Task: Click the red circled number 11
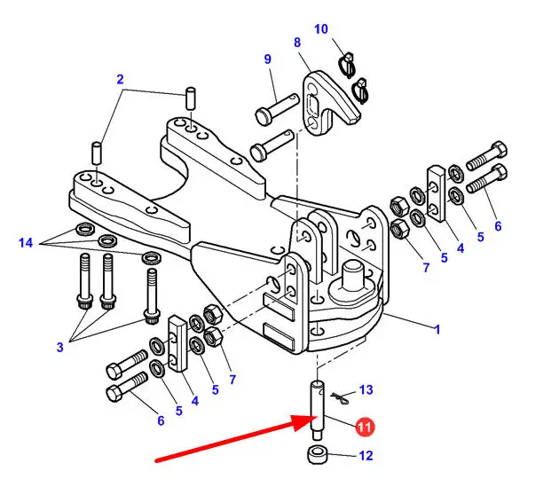click(x=365, y=427)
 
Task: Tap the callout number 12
click(x=366, y=456)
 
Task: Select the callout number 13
click(x=366, y=389)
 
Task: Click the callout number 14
click(x=26, y=243)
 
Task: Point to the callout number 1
click(x=437, y=330)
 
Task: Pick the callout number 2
click(x=120, y=79)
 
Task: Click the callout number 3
click(x=60, y=347)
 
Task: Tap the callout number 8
click(x=297, y=43)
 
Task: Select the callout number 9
click(x=268, y=59)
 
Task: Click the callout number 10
click(x=321, y=29)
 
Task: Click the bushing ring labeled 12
click(x=316, y=455)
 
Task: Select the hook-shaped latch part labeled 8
click(x=330, y=104)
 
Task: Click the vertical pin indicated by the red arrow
click(x=318, y=411)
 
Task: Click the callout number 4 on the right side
click(x=461, y=248)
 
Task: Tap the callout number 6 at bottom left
click(x=161, y=421)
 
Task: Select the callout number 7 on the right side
click(x=427, y=267)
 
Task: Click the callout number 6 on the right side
click(x=498, y=226)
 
